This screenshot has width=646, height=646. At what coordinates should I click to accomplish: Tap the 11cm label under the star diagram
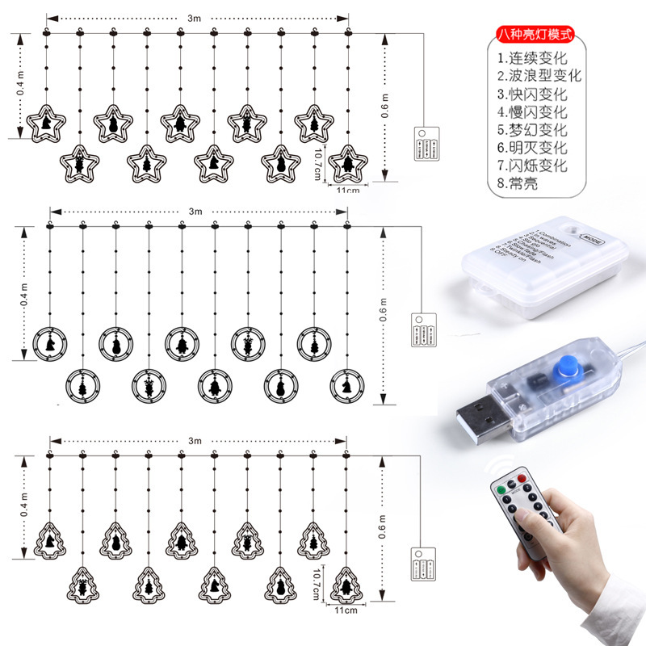(x=346, y=190)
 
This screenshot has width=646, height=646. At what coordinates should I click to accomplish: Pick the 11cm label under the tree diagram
(x=346, y=611)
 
